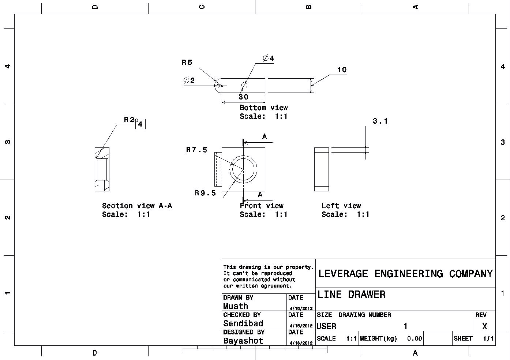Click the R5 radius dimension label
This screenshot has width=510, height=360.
(187, 63)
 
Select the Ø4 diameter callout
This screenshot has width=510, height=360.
(268, 58)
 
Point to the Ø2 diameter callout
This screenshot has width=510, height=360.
(189, 80)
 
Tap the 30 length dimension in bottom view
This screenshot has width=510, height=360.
(243, 97)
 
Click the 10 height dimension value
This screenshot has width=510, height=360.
(342, 70)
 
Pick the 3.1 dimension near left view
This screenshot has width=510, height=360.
(380, 121)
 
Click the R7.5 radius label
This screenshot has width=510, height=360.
(197, 150)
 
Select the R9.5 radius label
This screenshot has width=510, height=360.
(205, 193)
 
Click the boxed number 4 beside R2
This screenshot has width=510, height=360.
(140, 124)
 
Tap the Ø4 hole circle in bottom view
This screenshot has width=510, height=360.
(244, 85)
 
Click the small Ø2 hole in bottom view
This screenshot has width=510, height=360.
(218, 86)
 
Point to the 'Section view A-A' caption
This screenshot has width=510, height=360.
(137, 206)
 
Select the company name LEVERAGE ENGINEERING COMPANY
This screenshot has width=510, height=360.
(405, 274)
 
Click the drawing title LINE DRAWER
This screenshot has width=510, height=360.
(351, 295)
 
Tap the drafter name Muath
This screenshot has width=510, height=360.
(236, 306)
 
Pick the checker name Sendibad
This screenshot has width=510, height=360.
(243, 323)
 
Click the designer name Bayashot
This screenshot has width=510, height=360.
(243, 341)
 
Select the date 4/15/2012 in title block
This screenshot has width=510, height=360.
(301, 326)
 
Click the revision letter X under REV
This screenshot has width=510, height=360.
(485, 326)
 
